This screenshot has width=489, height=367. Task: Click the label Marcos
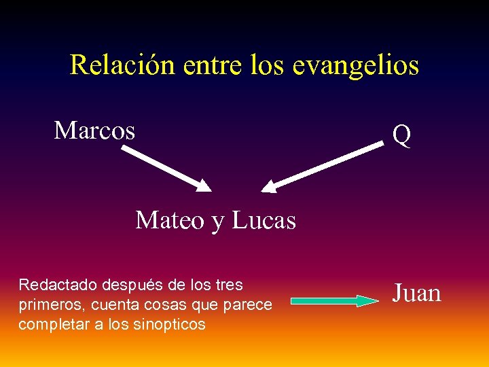pos(94,130)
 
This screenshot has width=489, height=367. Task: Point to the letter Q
pos(401,136)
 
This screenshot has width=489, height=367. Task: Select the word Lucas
pos(264,220)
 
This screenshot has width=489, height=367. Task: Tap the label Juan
pos(417,294)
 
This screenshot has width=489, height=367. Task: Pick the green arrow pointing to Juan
pos(335,300)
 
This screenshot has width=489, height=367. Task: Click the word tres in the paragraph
pos(230,284)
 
